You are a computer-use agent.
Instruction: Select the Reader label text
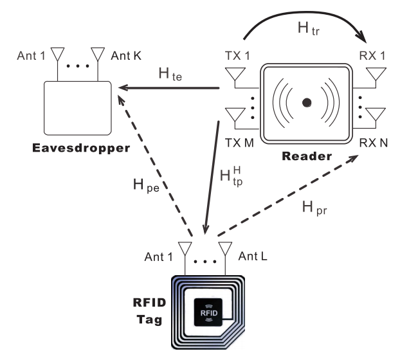(x=307, y=157)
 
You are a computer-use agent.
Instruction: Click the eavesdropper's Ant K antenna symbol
(x=98, y=52)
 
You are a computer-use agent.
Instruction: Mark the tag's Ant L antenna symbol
(x=225, y=248)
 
